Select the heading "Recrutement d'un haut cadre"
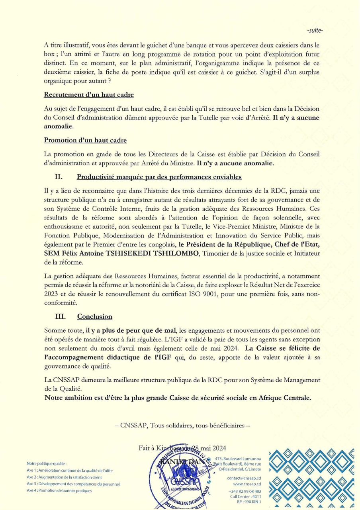click(x=89, y=95)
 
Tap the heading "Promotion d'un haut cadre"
click(x=85, y=140)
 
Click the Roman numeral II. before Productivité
click(x=59, y=177)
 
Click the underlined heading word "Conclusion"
click(x=95, y=317)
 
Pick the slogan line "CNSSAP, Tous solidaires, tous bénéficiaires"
click(x=185, y=426)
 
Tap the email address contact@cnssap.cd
click(x=244, y=478)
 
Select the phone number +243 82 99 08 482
click(x=245, y=491)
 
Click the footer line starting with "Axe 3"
click(x=73, y=484)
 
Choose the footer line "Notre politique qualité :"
click(x=47, y=463)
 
